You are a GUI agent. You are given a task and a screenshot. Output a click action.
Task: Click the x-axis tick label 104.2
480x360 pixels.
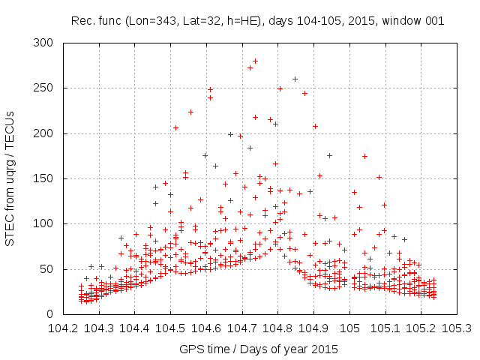[63, 328]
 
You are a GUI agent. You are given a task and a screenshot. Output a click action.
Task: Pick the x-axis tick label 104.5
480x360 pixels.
[170, 328]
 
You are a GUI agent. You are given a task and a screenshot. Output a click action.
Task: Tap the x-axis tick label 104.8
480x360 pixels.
[277, 328]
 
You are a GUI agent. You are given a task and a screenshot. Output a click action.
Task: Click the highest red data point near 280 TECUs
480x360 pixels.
[255, 61]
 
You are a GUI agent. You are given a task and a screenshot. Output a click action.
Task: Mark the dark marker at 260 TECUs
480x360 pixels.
[295, 79]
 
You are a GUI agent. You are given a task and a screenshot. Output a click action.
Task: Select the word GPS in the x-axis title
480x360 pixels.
[190, 349]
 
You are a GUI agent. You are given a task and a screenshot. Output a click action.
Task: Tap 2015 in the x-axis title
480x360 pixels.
[325, 349]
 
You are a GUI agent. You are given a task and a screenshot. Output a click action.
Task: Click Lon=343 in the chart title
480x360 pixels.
[151, 20]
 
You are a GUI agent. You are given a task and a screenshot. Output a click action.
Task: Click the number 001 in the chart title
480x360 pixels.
[434, 20]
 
